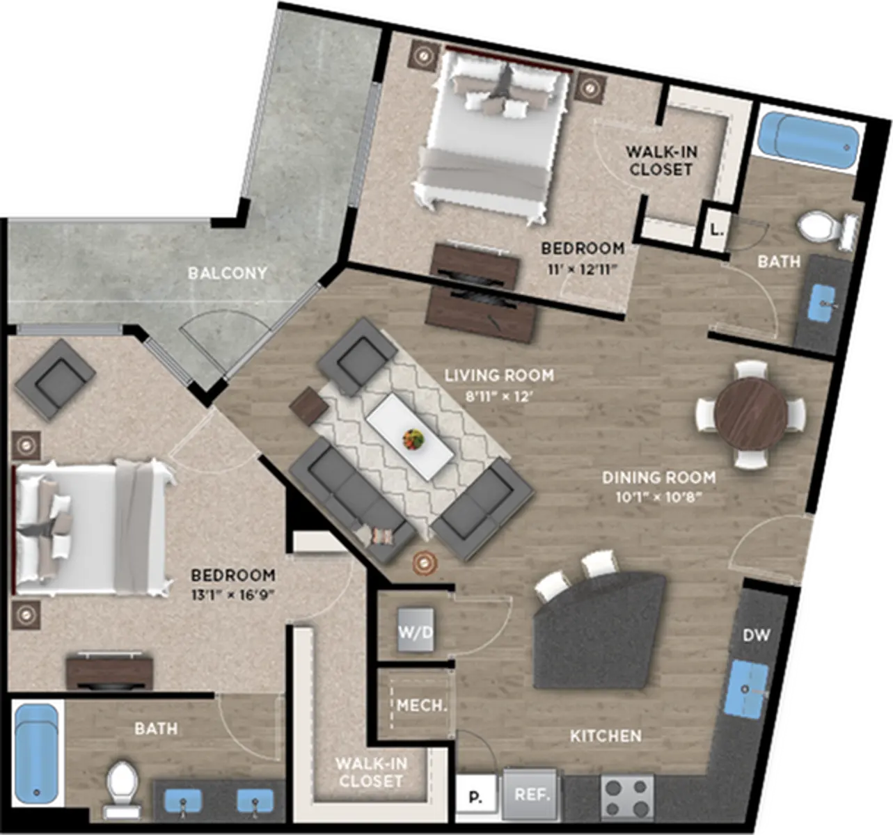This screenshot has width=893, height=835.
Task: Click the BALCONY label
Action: [x=227, y=273]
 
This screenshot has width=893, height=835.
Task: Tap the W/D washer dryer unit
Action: [x=416, y=630]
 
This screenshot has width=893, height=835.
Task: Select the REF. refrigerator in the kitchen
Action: [x=532, y=795]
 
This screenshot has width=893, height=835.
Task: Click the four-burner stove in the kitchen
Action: [x=628, y=797]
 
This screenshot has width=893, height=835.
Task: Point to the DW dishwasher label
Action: [x=757, y=635]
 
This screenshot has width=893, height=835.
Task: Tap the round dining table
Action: [x=751, y=413]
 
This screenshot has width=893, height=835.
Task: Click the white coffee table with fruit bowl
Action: [x=410, y=436]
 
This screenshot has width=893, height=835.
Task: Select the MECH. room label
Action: [x=422, y=706]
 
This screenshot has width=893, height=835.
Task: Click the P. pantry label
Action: [x=475, y=797]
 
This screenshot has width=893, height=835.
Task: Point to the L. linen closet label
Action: [x=717, y=230]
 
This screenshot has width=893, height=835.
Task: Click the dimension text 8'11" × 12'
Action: [x=499, y=397]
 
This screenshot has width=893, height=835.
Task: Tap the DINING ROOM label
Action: [x=658, y=477]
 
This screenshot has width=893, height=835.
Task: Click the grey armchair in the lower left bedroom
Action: [x=55, y=379]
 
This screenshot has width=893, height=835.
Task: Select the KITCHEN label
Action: [x=606, y=736]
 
